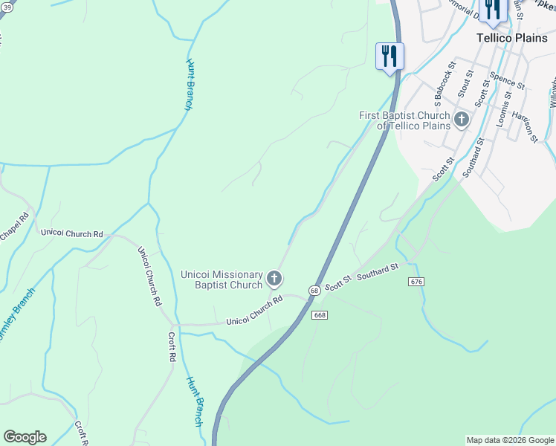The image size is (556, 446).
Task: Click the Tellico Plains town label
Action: pyautogui.click(x=511, y=38)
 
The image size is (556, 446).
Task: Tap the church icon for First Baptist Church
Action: pyautogui.click(x=462, y=119)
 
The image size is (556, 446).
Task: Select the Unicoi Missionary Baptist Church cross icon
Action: pyautogui.click(x=274, y=279)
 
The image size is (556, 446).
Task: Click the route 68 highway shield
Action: pyautogui.click(x=315, y=290)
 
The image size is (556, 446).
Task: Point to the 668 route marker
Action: pyautogui.click(x=320, y=315)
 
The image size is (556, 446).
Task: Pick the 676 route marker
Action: pyautogui.click(x=416, y=282)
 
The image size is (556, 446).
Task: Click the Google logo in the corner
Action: pyautogui.click(x=25, y=437)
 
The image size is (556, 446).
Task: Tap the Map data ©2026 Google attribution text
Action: pyautogui.click(x=509, y=440)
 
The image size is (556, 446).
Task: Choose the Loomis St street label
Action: pyautogui.click(x=504, y=108)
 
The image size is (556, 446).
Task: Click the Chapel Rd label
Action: pyautogui.click(x=13, y=227)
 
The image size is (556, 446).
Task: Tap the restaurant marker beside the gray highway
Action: pyautogui.click(x=389, y=56)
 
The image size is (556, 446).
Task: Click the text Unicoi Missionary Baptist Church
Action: pyautogui.click(x=222, y=279)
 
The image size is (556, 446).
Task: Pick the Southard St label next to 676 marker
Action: pyautogui.click(x=378, y=273)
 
